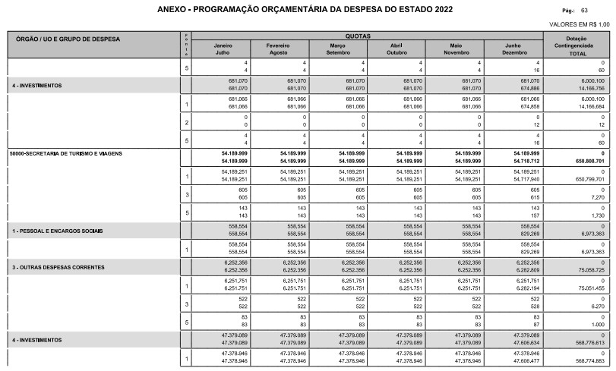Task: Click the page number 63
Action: (583, 11)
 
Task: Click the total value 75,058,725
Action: (589, 270)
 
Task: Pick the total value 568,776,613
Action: (588, 342)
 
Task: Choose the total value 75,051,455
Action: (589, 288)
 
